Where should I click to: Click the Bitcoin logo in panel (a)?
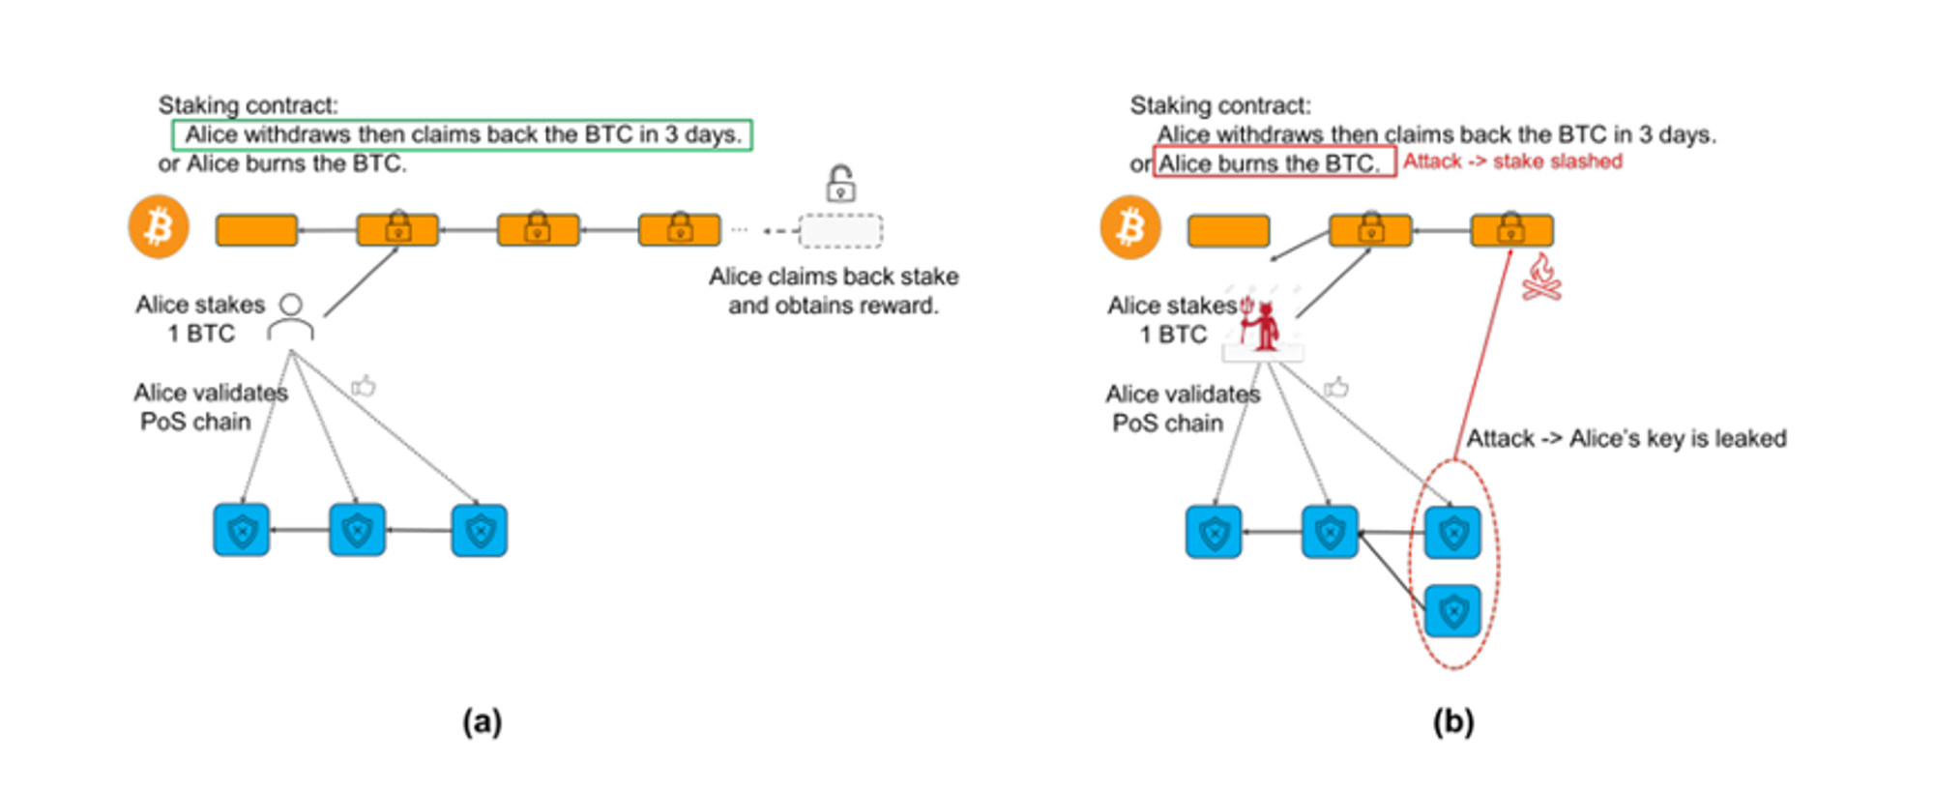point(159,227)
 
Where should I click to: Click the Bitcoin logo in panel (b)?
point(1130,227)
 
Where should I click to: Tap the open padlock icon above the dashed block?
point(840,183)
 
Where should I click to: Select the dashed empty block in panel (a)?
point(840,231)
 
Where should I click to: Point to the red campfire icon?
point(1541,278)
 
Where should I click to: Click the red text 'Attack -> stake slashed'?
point(1512,161)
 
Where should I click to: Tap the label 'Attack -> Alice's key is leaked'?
point(1626,439)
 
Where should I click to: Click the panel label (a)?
point(482,721)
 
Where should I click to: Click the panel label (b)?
point(1453,721)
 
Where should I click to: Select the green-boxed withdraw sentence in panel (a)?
point(462,134)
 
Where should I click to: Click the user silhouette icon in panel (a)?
point(290,317)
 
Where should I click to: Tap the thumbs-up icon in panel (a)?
point(364,387)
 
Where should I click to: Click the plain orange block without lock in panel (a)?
point(256,230)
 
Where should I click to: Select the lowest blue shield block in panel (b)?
point(1452,610)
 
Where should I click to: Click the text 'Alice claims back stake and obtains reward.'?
point(834,291)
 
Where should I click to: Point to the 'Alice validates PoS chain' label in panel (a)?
point(210,407)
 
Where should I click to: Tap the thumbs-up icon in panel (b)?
point(1336,388)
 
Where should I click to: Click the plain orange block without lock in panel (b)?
point(1228,231)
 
